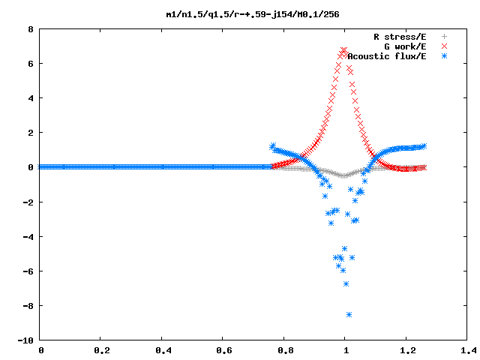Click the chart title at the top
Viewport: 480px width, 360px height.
253,14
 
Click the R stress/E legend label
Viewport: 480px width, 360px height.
400,37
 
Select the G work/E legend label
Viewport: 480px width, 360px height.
405,46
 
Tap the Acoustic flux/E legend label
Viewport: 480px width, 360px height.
387,56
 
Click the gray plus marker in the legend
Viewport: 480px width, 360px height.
444,37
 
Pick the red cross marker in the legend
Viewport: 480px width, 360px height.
444,46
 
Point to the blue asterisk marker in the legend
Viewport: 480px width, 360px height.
444,56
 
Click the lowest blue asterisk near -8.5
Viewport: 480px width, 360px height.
349,315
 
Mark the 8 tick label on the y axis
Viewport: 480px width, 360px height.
30,29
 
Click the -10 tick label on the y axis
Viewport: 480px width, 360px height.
25,340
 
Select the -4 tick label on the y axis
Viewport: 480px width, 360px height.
28,237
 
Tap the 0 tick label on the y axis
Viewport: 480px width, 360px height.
30,167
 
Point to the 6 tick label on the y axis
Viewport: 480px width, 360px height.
30,64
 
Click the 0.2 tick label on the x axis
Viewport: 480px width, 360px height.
102,350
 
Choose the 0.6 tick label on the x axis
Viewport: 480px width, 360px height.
224,350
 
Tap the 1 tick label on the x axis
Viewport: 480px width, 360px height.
346,350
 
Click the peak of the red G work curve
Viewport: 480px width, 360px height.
343,50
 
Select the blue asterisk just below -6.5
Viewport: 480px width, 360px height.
346,284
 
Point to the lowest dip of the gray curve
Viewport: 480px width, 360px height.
344,176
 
